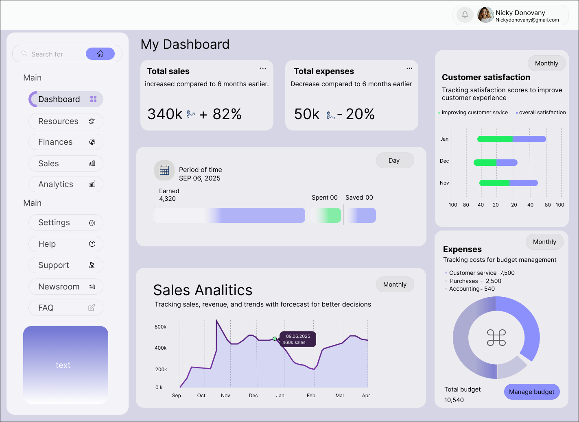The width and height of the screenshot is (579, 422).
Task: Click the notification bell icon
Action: [x=465, y=15]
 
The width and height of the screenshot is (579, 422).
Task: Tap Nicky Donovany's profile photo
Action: [x=485, y=15]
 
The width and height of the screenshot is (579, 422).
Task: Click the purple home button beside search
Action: [x=100, y=54]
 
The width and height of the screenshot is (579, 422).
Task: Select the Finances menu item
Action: [x=66, y=142]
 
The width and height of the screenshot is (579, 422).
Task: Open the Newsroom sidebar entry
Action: [x=66, y=287]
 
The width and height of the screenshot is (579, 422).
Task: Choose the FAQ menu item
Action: [x=66, y=308]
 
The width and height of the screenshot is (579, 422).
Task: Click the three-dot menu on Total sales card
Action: [x=263, y=68]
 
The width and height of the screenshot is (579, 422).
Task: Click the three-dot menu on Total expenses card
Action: [x=409, y=68]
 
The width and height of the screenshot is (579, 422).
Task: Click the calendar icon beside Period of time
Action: [x=164, y=170]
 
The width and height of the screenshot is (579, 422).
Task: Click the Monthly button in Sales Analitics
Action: [x=395, y=285]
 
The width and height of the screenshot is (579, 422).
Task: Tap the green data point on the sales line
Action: [x=275, y=339]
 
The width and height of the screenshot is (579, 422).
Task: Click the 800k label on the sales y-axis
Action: [x=160, y=327]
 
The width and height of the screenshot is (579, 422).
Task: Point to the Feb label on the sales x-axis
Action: [x=311, y=396]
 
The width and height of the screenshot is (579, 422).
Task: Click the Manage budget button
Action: [x=531, y=392]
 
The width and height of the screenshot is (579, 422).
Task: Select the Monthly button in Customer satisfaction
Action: [x=546, y=63]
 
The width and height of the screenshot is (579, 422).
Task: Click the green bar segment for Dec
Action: [x=485, y=163]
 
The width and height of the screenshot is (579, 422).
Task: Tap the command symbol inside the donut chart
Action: [x=496, y=337]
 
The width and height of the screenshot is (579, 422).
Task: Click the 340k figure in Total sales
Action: [x=165, y=114]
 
